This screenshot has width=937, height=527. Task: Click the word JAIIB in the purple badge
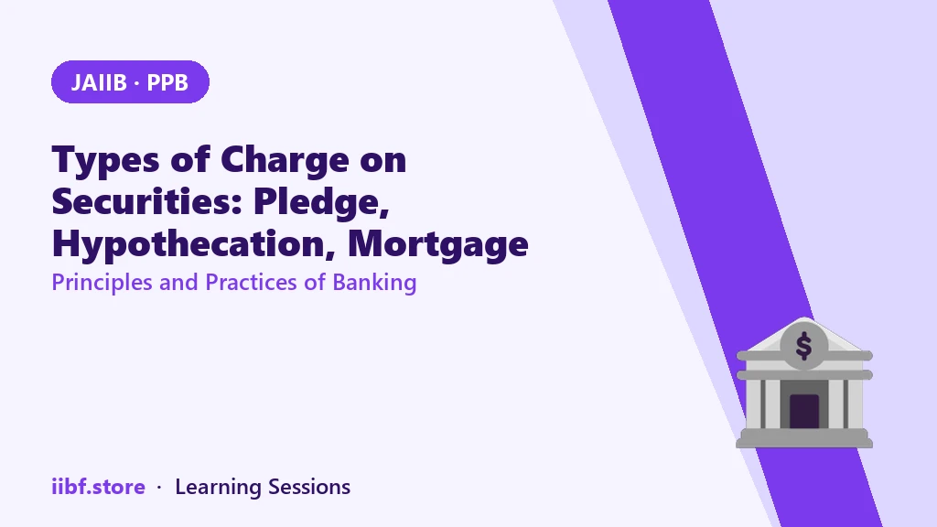click(99, 82)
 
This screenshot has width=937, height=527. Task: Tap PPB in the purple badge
click(167, 82)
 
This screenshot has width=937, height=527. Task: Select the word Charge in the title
click(285, 160)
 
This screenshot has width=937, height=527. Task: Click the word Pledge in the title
click(321, 202)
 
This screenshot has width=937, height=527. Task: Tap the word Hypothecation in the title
click(193, 244)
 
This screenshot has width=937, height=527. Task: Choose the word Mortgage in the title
click(438, 244)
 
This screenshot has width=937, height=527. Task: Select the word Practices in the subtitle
click(251, 282)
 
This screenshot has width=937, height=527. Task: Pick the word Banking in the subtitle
click(374, 283)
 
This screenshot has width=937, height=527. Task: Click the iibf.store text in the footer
click(98, 487)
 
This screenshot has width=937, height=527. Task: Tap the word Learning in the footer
click(218, 488)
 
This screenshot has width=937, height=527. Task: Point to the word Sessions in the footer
click(309, 487)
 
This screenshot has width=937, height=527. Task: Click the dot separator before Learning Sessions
click(159, 488)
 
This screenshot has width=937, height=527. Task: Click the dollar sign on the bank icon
click(803, 346)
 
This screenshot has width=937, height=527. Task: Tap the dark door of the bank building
click(803, 411)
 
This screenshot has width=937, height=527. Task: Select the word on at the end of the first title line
click(383, 161)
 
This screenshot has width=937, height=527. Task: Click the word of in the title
click(190, 159)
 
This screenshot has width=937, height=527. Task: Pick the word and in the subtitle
click(178, 282)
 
